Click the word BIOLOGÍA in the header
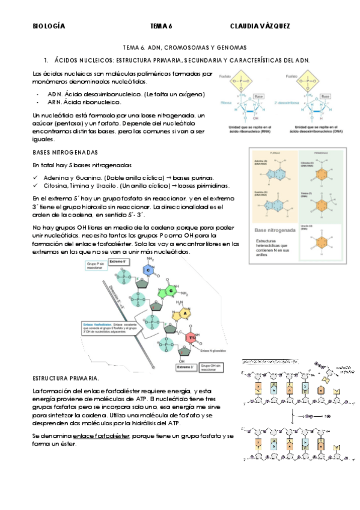pos(49,26)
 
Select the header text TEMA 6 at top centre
pos(161,26)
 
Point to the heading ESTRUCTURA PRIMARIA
pos(66,378)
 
